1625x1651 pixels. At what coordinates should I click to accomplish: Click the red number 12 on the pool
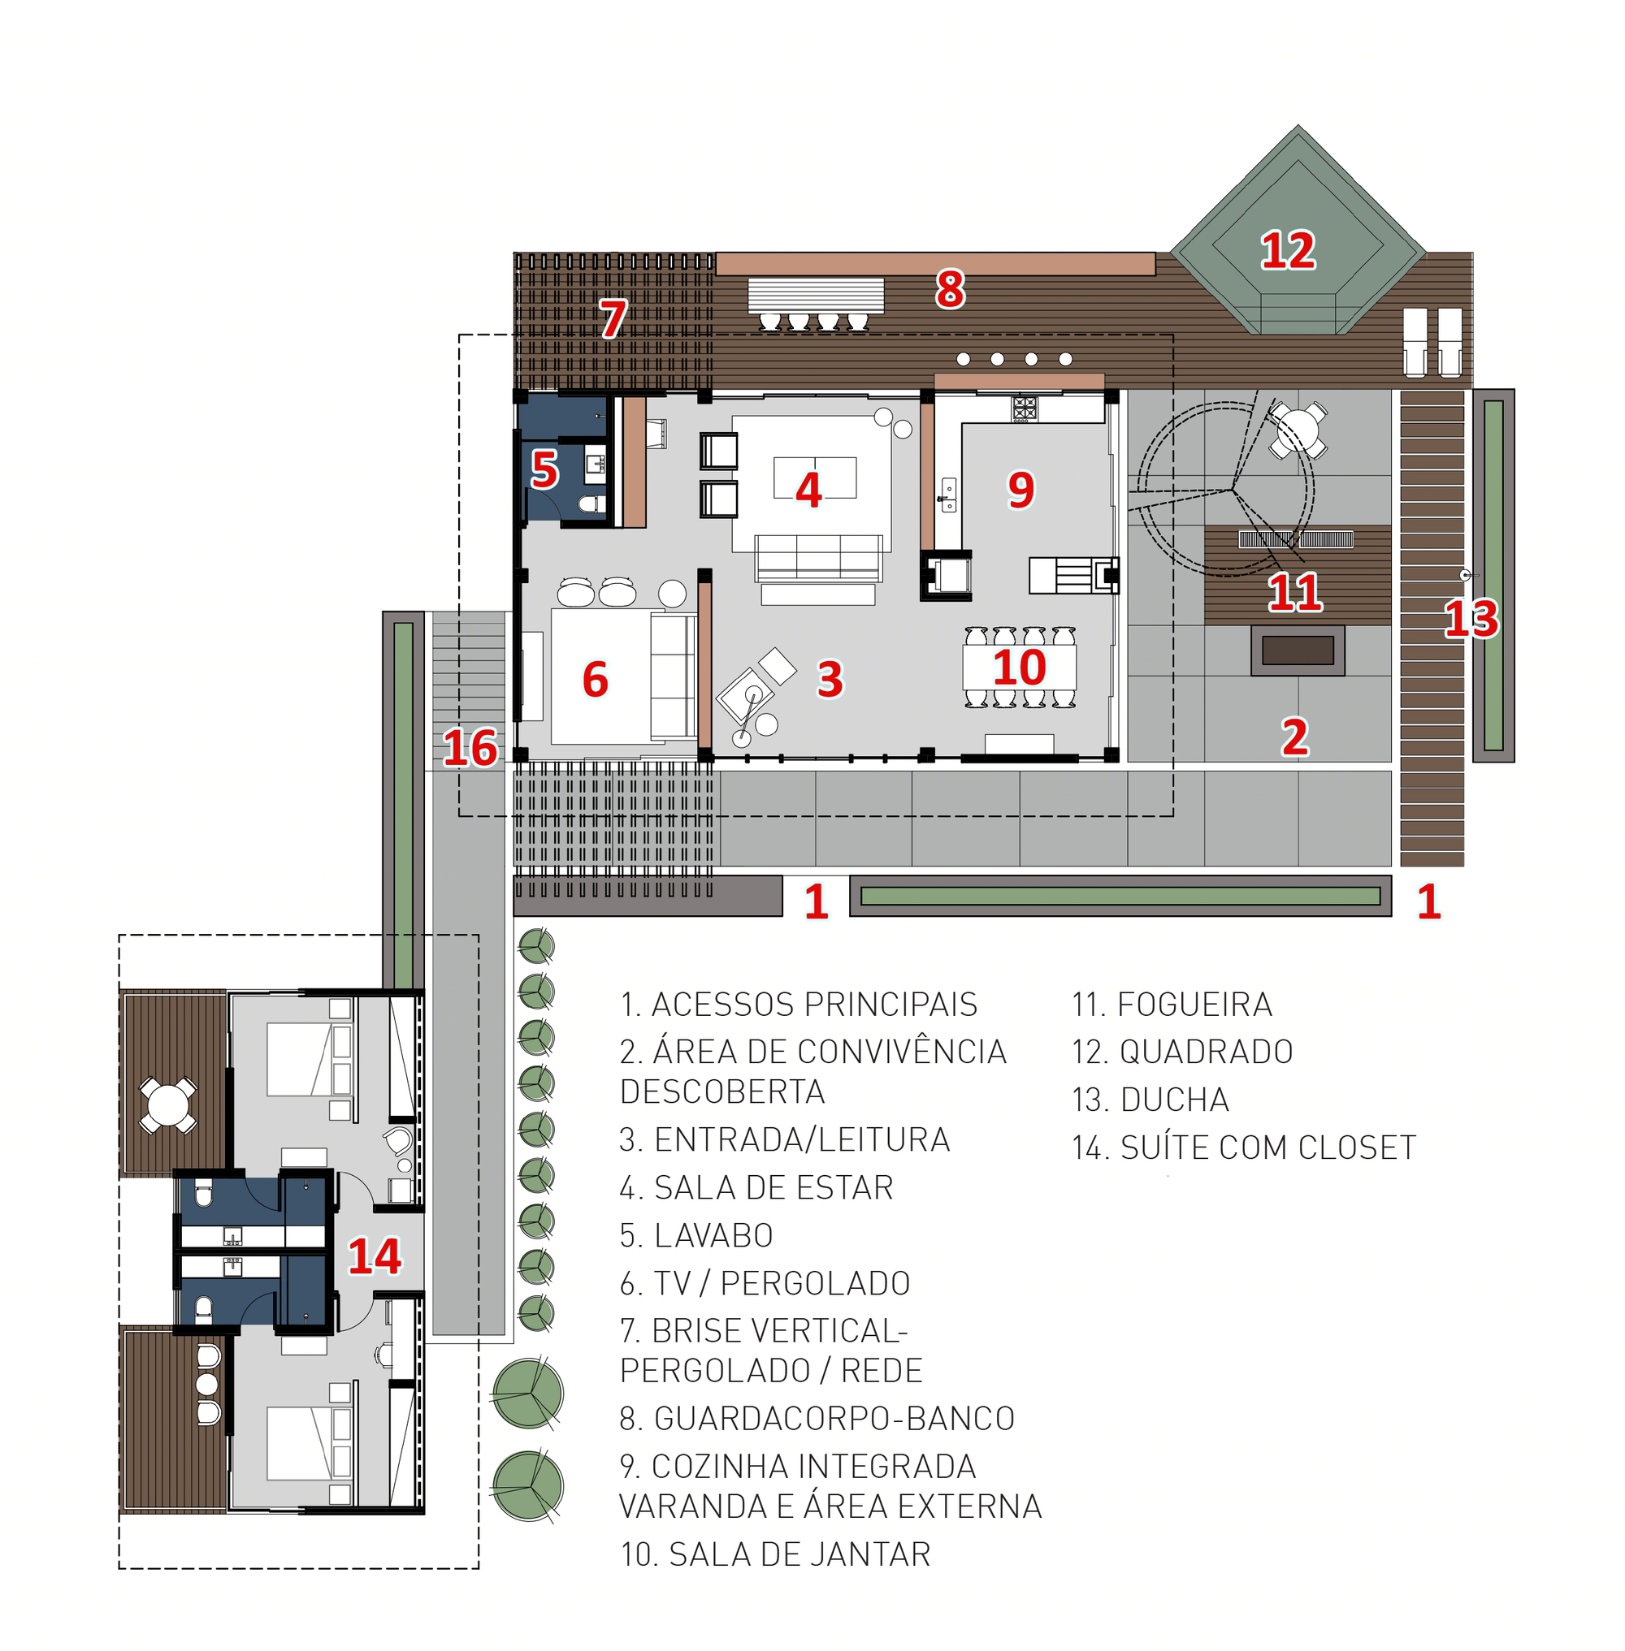1288,250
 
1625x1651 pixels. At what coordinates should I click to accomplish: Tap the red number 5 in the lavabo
544,469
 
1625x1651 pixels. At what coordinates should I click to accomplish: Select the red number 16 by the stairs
470,747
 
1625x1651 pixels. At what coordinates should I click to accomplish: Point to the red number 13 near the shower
1471,618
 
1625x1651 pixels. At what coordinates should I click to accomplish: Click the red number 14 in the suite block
375,1256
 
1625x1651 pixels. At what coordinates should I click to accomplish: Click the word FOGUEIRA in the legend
1195,1005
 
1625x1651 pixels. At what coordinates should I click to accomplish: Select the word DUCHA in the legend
1174,1100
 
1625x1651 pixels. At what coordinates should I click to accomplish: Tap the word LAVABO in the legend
713,1235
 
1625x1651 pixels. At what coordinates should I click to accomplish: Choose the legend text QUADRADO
1206,1052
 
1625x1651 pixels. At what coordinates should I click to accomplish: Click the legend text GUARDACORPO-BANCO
834,1418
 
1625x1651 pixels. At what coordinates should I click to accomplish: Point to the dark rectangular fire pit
1298,650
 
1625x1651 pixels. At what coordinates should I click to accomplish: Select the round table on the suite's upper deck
168,1106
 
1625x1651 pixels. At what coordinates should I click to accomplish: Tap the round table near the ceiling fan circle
1298,429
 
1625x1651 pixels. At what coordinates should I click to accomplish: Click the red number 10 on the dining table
1019,668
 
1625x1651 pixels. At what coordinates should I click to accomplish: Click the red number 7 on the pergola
613,318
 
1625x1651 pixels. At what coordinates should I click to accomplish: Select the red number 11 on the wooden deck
1294,592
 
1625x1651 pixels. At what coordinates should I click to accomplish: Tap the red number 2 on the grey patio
1294,737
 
